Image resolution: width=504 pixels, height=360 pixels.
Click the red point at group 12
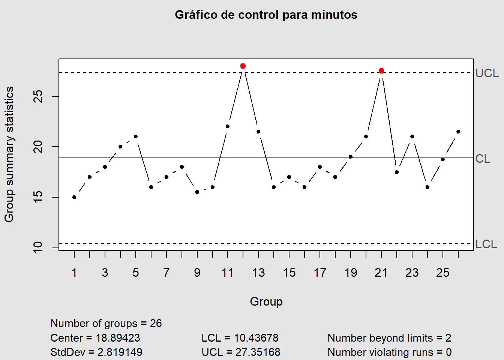click(243, 66)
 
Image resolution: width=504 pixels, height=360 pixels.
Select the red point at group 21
click(381, 71)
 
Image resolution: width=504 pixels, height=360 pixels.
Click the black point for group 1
click(74, 197)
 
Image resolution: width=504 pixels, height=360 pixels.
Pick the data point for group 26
click(458, 132)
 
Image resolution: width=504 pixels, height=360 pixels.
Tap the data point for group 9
click(197, 192)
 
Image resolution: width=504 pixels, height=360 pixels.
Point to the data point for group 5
click(136, 136)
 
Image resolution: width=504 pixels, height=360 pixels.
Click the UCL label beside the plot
click(487, 73)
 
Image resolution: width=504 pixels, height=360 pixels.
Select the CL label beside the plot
click(483, 159)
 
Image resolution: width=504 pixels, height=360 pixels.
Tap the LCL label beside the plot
click(486, 244)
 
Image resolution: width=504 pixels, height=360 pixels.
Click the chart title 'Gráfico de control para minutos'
click(266, 15)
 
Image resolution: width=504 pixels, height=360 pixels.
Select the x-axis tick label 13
click(258, 273)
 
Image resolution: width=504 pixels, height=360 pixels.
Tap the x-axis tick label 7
click(166, 273)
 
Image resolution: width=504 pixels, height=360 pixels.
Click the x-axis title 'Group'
click(266, 301)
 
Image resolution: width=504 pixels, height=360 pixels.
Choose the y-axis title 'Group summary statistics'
click(9, 154)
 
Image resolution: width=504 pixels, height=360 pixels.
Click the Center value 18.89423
click(118, 338)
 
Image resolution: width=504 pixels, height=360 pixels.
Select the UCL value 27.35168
click(258, 352)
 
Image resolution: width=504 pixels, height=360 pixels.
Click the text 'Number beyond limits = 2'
click(389, 338)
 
